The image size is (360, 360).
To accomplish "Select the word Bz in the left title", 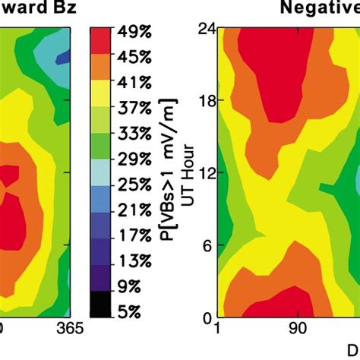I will click(63, 8).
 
